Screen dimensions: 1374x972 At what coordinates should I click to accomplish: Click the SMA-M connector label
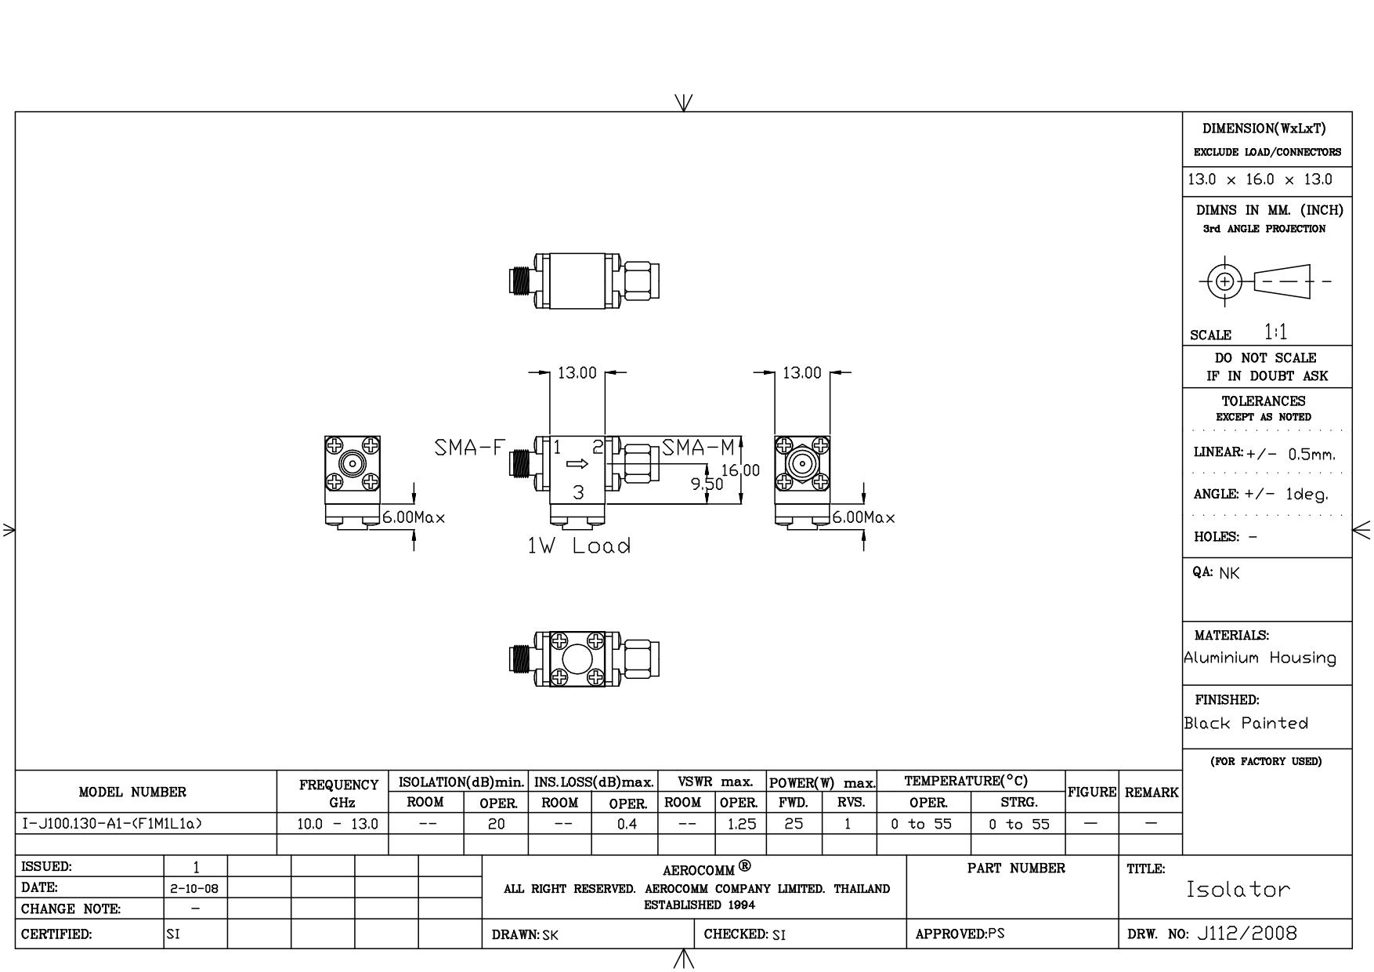tap(699, 448)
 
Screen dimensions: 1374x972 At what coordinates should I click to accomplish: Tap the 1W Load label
tap(579, 546)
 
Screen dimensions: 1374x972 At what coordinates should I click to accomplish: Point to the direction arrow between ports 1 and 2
tap(577, 463)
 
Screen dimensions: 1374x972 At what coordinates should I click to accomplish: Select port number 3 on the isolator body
tap(578, 492)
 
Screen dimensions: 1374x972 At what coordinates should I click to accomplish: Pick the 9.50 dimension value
tap(707, 484)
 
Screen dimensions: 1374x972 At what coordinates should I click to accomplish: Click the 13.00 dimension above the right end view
tap(802, 373)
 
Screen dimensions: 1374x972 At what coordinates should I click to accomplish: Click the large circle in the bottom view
tap(577, 659)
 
